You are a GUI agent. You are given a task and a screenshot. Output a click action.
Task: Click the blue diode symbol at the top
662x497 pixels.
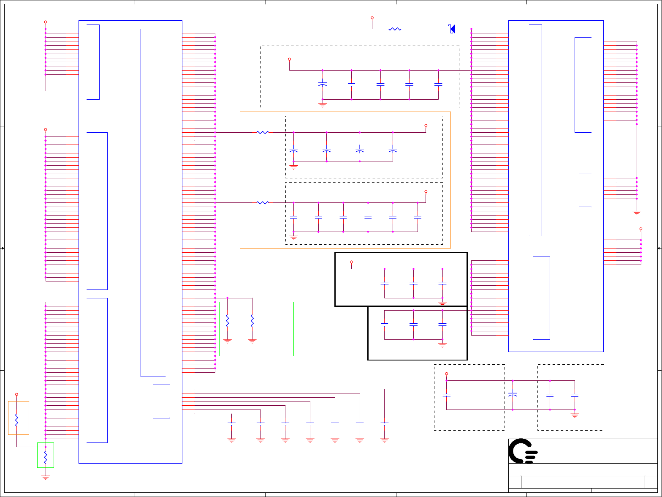(x=452, y=29)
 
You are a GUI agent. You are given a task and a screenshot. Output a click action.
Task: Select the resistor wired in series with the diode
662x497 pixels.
(x=395, y=29)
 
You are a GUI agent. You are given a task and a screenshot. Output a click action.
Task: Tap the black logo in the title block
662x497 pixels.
(x=523, y=451)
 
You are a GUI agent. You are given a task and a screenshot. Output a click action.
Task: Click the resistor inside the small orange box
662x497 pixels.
(x=16, y=420)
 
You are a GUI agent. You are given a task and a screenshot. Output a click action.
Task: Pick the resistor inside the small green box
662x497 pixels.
(x=46, y=457)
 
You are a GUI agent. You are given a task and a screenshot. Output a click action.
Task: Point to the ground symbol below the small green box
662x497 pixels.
(x=46, y=477)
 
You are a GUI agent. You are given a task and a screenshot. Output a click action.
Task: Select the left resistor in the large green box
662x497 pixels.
(x=227, y=321)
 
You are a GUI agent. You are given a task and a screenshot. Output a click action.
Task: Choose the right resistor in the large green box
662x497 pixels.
(x=252, y=321)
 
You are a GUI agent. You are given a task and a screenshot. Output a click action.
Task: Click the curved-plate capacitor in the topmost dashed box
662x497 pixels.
(x=323, y=85)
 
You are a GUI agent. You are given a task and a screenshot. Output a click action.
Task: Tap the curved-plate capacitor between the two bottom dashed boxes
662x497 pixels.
(x=513, y=395)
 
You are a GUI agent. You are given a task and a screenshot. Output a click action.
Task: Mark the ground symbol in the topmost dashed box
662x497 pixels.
(x=323, y=104)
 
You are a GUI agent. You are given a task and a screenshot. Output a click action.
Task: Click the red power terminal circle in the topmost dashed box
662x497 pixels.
(x=289, y=59)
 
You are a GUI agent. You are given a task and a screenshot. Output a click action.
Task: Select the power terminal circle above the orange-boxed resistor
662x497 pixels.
(x=16, y=394)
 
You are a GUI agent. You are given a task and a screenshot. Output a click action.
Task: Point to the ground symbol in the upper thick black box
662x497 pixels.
(x=442, y=303)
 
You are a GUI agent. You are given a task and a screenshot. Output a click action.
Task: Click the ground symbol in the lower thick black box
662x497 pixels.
(x=442, y=344)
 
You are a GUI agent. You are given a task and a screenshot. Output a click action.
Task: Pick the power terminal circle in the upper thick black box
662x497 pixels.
(x=351, y=262)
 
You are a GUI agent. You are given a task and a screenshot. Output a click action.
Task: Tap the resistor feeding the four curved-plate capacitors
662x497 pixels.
(x=263, y=132)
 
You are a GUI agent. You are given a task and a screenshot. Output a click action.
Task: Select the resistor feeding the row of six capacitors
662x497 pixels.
(x=263, y=203)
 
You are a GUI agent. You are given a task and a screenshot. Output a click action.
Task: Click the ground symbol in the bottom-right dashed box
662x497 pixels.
(x=575, y=415)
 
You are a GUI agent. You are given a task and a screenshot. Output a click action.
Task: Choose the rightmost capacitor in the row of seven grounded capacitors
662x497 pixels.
(x=384, y=423)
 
